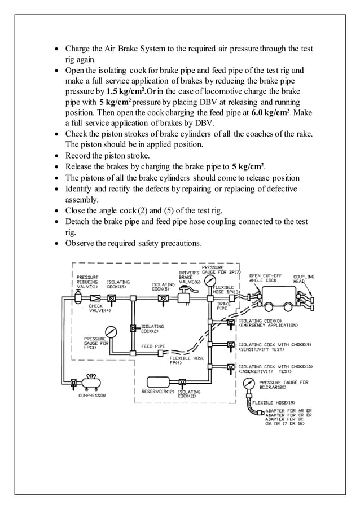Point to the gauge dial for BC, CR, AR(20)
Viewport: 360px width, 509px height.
247,385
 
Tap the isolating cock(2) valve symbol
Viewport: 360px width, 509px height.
133,328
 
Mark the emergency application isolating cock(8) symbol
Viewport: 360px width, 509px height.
231,323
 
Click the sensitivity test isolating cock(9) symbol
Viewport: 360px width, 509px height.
231,345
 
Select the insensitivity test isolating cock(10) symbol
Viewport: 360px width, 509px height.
231,367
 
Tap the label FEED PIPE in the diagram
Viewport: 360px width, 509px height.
153,345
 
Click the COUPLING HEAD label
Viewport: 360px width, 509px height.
303,279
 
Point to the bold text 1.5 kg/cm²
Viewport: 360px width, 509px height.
127,91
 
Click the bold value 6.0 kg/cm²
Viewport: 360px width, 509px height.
274,112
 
